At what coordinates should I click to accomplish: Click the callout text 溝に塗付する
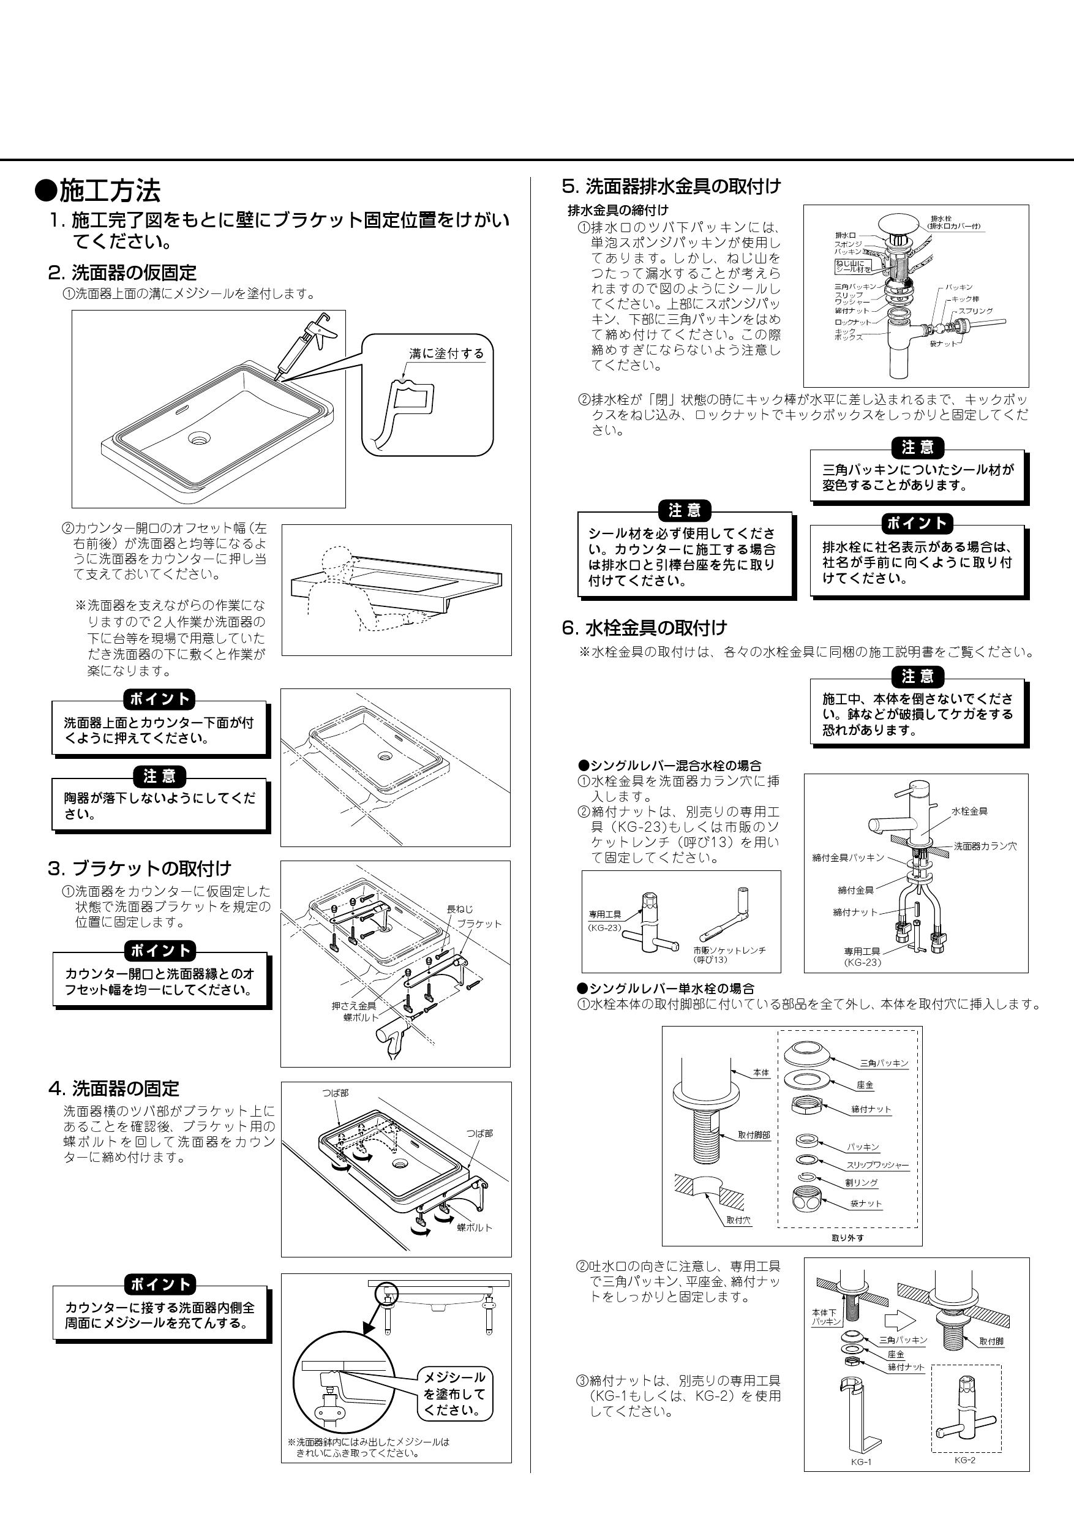tap(446, 353)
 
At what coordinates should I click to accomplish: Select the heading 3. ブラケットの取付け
tap(140, 868)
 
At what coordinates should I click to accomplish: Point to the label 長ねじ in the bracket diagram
tap(460, 909)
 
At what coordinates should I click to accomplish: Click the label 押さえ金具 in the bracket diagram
tap(354, 1006)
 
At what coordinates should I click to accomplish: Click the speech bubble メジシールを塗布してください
tap(454, 1393)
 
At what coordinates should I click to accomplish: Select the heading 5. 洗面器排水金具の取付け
tap(671, 187)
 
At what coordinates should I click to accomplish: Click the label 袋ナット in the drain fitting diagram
tap(942, 344)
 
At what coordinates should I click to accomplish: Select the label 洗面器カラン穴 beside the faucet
tap(985, 846)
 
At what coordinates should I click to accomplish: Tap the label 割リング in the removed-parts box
tap(861, 1183)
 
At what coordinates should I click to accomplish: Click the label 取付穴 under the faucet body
tap(738, 1220)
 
